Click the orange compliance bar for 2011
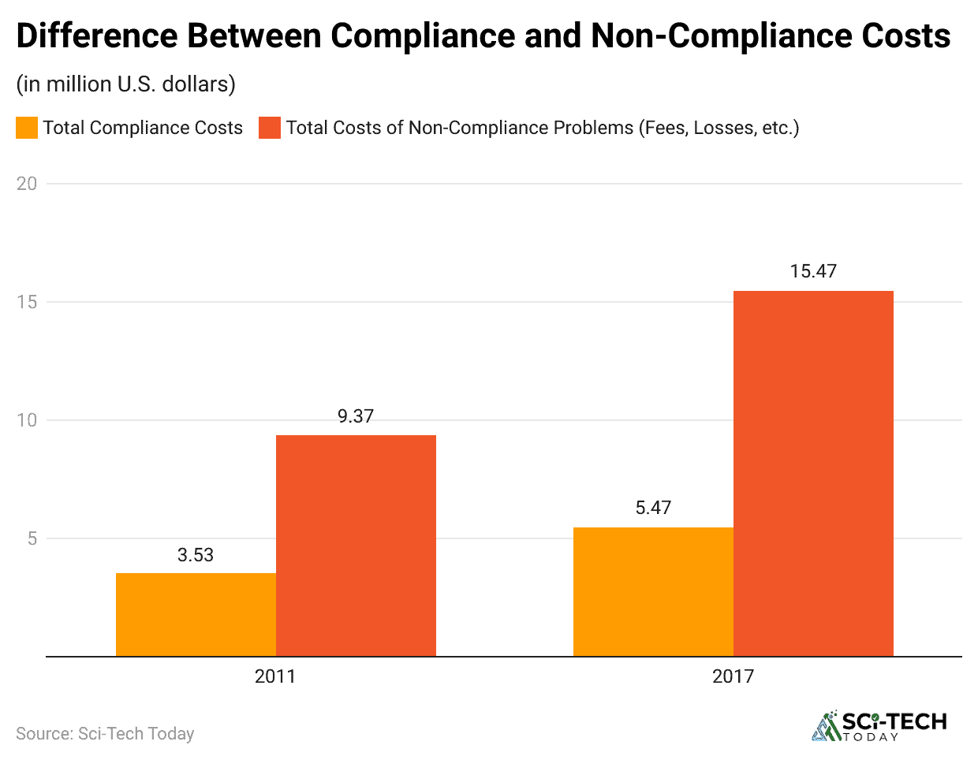pyautogui.click(x=196, y=614)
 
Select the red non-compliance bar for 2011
pyautogui.click(x=356, y=546)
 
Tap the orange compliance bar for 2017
pyautogui.click(x=653, y=591)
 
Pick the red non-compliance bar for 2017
pyautogui.click(x=813, y=473)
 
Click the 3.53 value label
pyautogui.click(x=196, y=555)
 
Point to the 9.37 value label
pyautogui.click(x=356, y=416)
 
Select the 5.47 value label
pyautogui.click(x=653, y=508)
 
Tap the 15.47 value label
pyautogui.click(x=813, y=271)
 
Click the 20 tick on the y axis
pyautogui.click(x=27, y=184)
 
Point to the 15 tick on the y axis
pyautogui.click(x=27, y=302)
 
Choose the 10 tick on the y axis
pyautogui.click(x=27, y=420)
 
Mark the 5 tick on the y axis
pyautogui.click(x=32, y=538)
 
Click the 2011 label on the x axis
pyautogui.click(x=275, y=676)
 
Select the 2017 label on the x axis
pyautogui.click(x=733, y=676)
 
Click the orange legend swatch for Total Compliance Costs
pyautogui.click(x=27, y=128)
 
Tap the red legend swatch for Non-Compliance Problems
pyautogui.click(x=270, y=128)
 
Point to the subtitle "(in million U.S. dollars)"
pyautogui.click(x=125, y=84)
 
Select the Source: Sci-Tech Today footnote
pyautogui.click(x=105, y=734)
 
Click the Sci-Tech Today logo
pyautogui.click(x=879, y=726)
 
